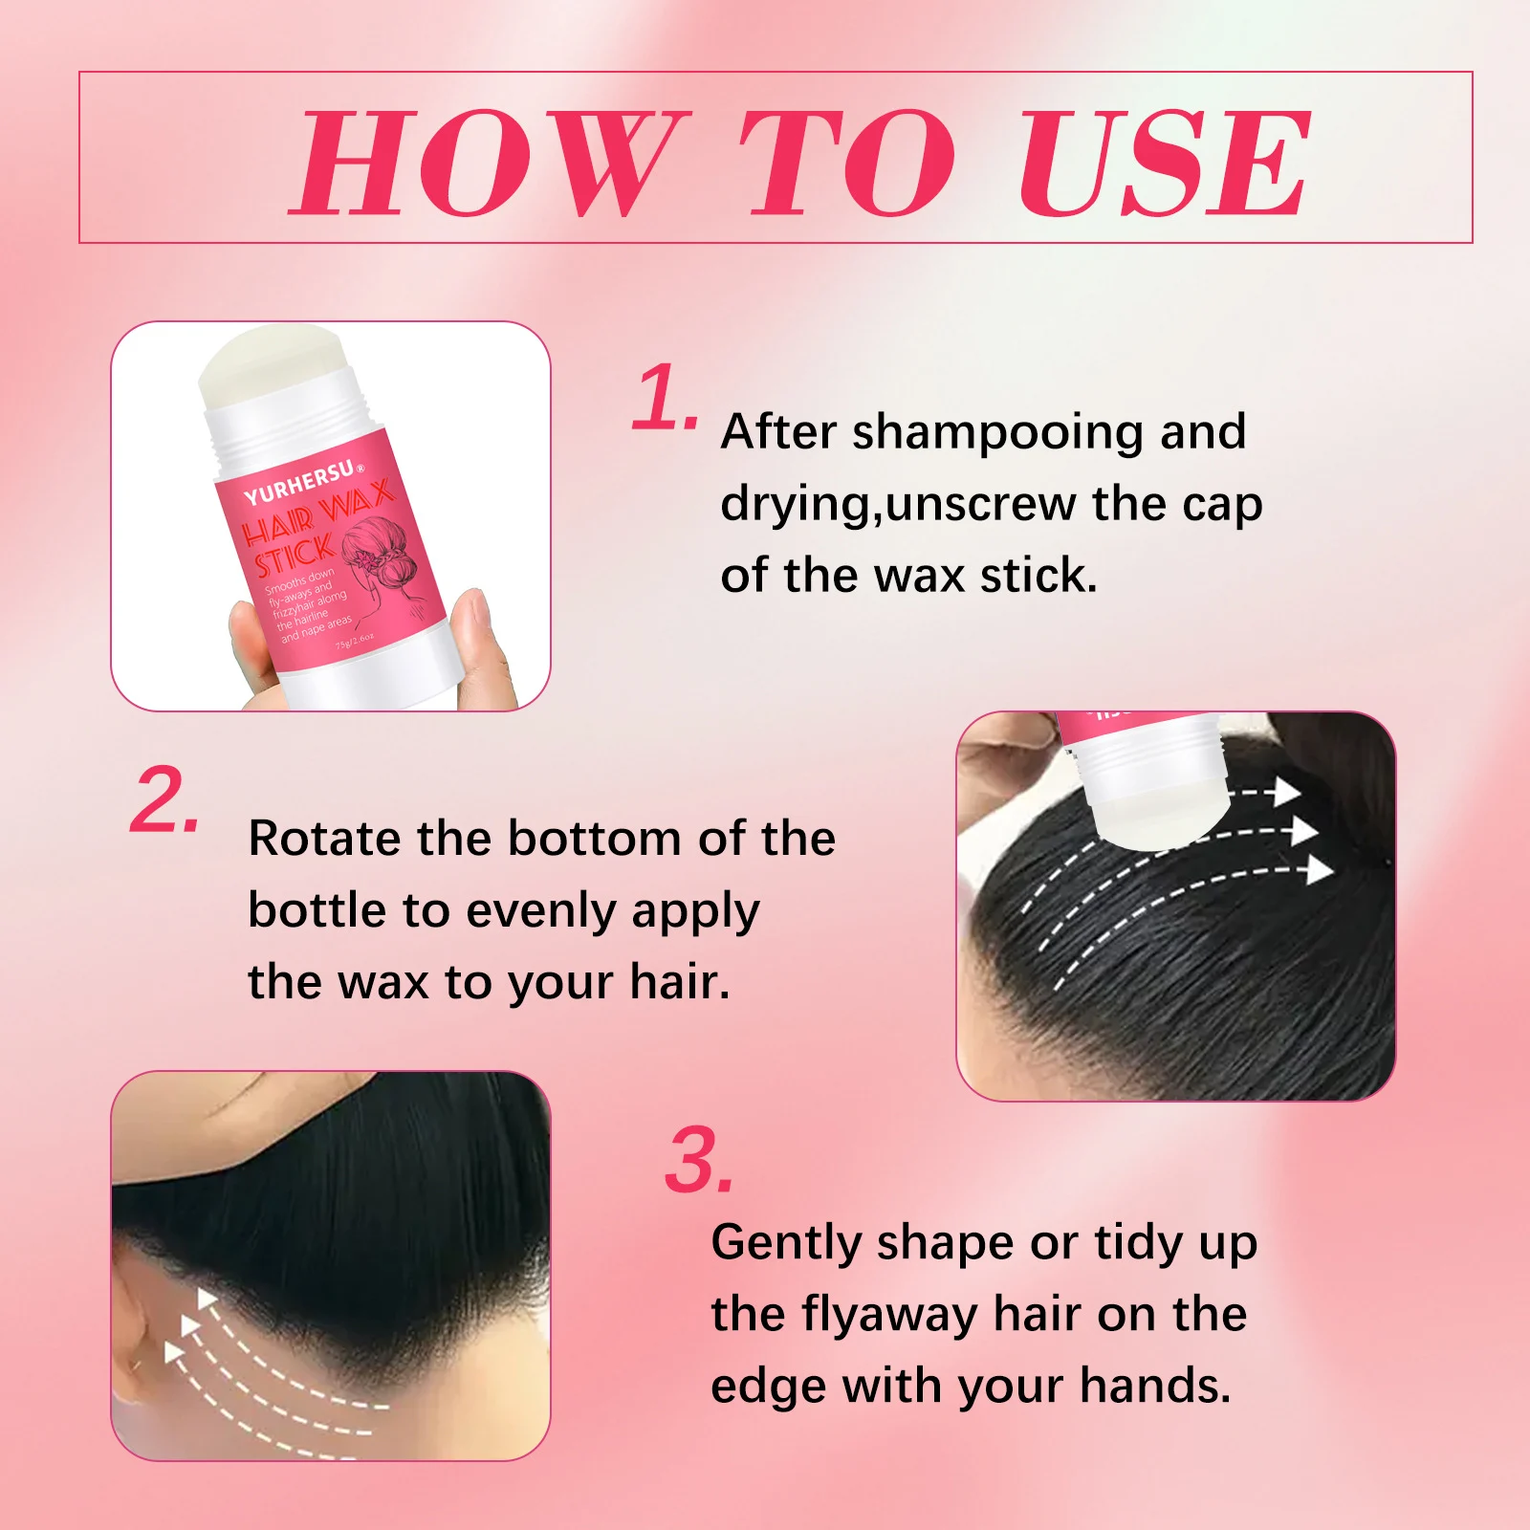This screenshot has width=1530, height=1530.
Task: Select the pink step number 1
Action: [664, 397]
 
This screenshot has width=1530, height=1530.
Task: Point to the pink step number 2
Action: [164, 801]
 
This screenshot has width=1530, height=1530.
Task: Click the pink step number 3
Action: [698, 1162]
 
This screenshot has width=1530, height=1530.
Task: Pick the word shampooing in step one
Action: [998, 433]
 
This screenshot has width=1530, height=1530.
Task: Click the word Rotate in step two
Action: [324, 839]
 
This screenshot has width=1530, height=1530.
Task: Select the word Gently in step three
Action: [787, 1244]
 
